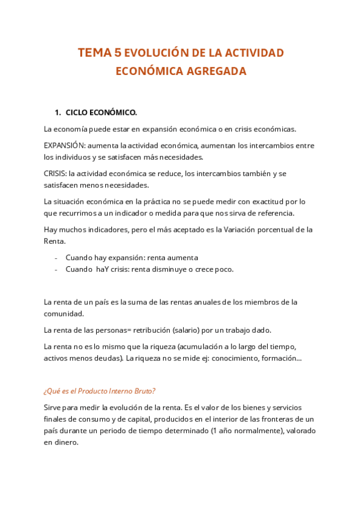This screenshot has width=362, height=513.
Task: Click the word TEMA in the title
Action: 94,53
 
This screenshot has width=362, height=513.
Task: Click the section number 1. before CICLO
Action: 58,113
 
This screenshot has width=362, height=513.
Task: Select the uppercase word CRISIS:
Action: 57,174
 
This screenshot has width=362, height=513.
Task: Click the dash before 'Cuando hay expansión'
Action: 56,258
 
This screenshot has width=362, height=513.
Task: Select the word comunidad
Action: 63,314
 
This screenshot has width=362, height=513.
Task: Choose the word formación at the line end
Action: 283,358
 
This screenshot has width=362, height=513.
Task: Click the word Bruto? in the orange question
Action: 142,390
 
